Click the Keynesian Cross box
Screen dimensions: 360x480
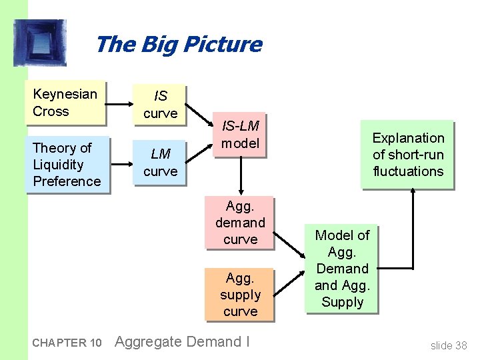(65, 103)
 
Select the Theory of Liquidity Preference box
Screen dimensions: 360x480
(67, 164)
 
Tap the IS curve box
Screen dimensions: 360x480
(160, 105)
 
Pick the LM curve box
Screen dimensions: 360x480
(160, 163)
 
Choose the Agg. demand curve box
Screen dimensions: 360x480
(240, 223)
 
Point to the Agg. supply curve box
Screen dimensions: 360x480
(240, 294)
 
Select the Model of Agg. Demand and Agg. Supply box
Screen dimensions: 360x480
(341, 269)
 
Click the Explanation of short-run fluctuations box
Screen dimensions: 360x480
(407, 155)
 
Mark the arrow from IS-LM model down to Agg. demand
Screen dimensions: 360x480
(240, 177)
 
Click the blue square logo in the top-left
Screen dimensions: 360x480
(40, 43)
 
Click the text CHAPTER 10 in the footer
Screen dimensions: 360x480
(67, 343)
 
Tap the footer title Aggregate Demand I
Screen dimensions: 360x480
(182, 342)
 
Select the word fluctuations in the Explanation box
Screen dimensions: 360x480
(407, 171)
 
